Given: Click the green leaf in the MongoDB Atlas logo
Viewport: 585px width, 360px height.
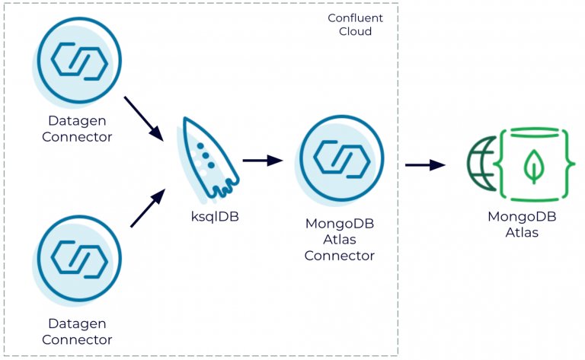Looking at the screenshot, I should click(537, 165).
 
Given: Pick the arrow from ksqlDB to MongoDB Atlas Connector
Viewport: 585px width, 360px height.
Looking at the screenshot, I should click(262, 161).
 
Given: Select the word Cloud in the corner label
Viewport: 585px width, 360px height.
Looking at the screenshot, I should click(355, 32).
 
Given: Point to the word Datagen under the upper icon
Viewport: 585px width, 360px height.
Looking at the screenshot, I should click(77, 122).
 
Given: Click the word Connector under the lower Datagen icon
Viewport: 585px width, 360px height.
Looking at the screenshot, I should click(77, 340).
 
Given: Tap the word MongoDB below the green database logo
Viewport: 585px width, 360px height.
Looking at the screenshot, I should click(522, 217).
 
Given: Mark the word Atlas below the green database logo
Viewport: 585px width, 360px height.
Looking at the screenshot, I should click(522, 232).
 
